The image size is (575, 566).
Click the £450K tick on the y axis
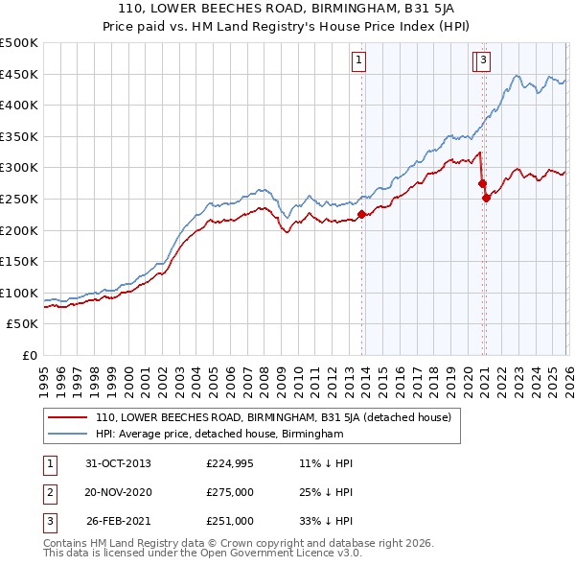click(19, 74)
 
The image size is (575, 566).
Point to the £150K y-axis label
click(19, 261)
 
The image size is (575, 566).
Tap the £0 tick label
click(29, 355)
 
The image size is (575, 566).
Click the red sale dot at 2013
click(362, 215)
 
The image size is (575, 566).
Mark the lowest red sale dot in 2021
click(486, 199)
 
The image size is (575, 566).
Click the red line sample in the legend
click(68, 417)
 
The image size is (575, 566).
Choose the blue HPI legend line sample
click(68, 434)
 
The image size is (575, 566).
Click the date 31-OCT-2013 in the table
click(119, 463)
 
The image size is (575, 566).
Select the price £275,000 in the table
click(230, 492)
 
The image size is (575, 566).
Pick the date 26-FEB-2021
click(119, 521)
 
